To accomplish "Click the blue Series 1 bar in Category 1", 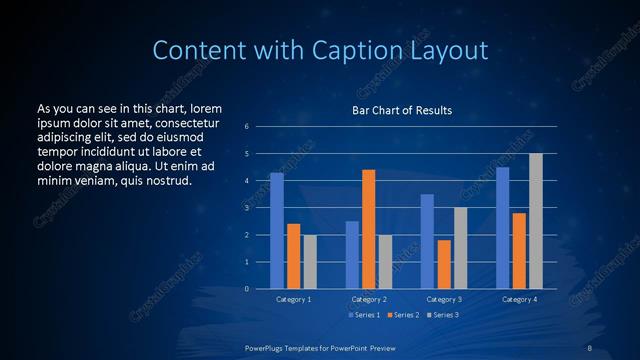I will pos(277,231).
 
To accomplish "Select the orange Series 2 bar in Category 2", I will pos(369,229).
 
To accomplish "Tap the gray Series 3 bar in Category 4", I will pos(536,221).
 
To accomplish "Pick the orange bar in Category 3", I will pos(444,264).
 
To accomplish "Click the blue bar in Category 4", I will pos(503,228).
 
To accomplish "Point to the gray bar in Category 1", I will pos(310,262).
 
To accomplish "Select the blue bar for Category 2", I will pos(352,255).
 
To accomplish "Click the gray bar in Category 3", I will pos(461,248).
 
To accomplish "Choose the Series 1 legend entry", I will pos(364,315).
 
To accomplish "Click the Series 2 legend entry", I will pos(403,315).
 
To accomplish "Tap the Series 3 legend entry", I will pos(442,315).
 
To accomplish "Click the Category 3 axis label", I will pos(444,299).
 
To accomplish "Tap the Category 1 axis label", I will pos(293,299).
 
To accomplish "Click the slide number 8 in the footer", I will pos(589,347).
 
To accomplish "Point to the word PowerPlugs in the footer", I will pos(268,347).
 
